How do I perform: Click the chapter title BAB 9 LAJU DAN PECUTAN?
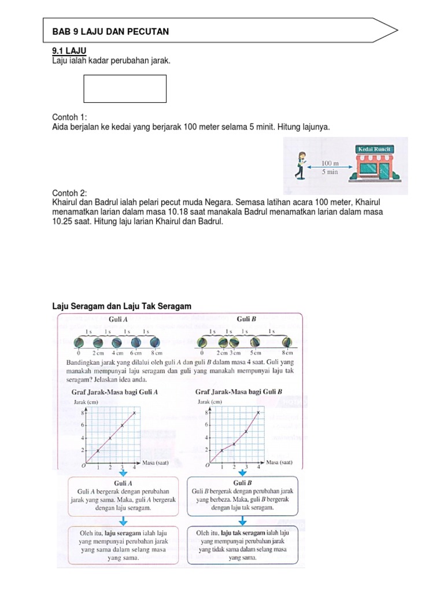click(110, 32)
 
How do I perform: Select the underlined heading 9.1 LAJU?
click(69, 51)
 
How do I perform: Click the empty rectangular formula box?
click(125, 88)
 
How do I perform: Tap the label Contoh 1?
click(70, 117)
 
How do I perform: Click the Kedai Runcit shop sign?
click(375, 149)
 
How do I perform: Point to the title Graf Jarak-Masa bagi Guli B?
click(239, 391)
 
